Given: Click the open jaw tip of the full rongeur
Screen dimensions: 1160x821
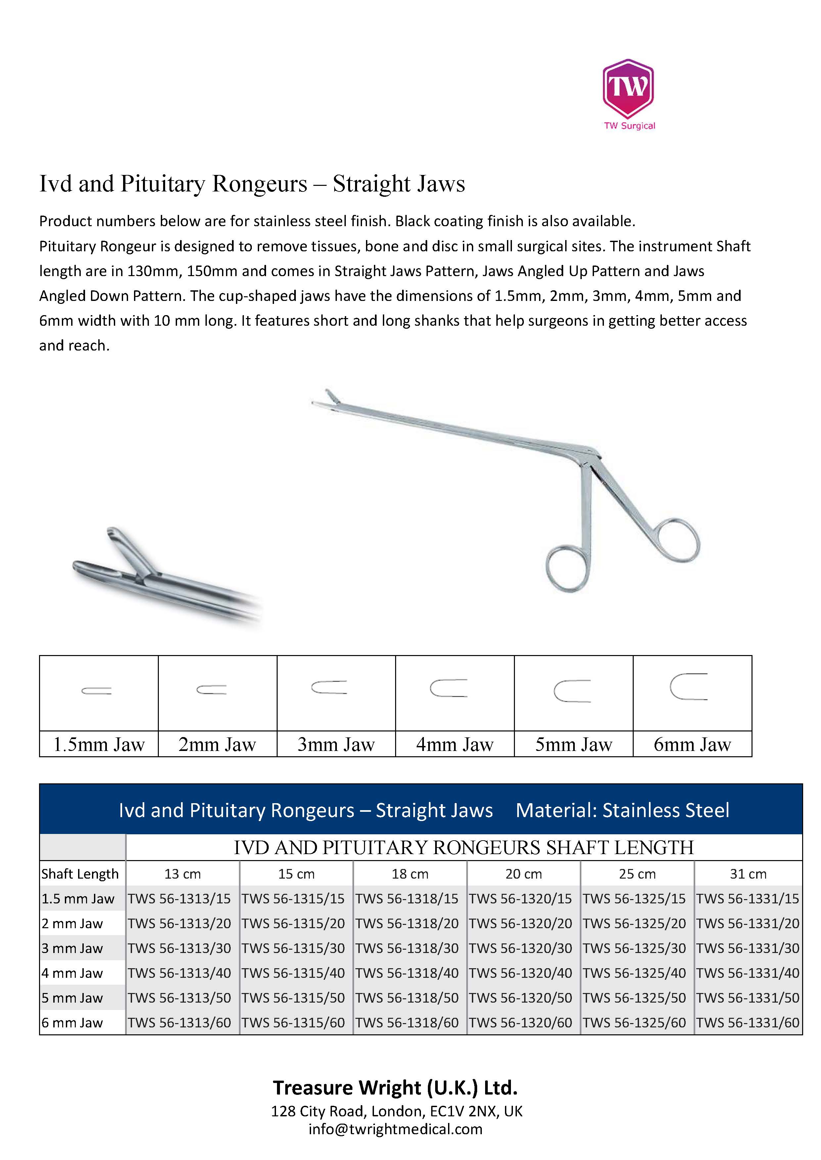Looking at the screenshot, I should pos(326,400).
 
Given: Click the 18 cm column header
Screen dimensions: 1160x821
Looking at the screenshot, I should pos(410,874).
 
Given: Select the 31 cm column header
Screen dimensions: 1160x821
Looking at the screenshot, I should pos(748,874).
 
